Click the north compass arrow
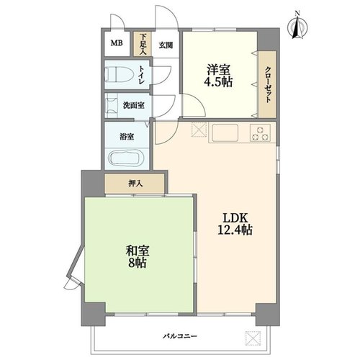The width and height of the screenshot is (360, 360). [297, 25]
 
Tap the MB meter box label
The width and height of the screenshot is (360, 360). [117, 42]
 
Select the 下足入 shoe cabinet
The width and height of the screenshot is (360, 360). [143, 45]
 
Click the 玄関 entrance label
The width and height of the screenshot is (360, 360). [165, 45]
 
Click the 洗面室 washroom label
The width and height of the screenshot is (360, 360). [132, 105]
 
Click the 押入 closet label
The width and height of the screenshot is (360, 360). [135, 184]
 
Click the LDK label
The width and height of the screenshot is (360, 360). [235, 217]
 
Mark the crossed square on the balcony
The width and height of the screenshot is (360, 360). [252, 336]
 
